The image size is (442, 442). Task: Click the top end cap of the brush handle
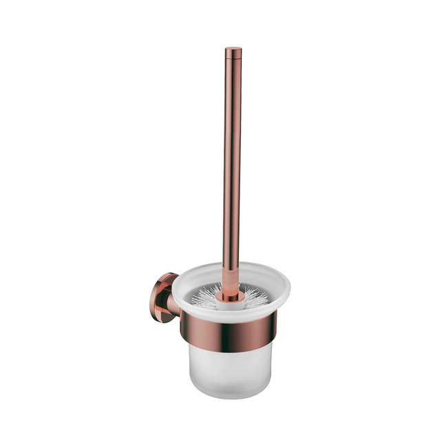coord(233,49)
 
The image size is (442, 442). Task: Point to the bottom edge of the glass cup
coord(230,397)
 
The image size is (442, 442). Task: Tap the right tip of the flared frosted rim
coord(289,286)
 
